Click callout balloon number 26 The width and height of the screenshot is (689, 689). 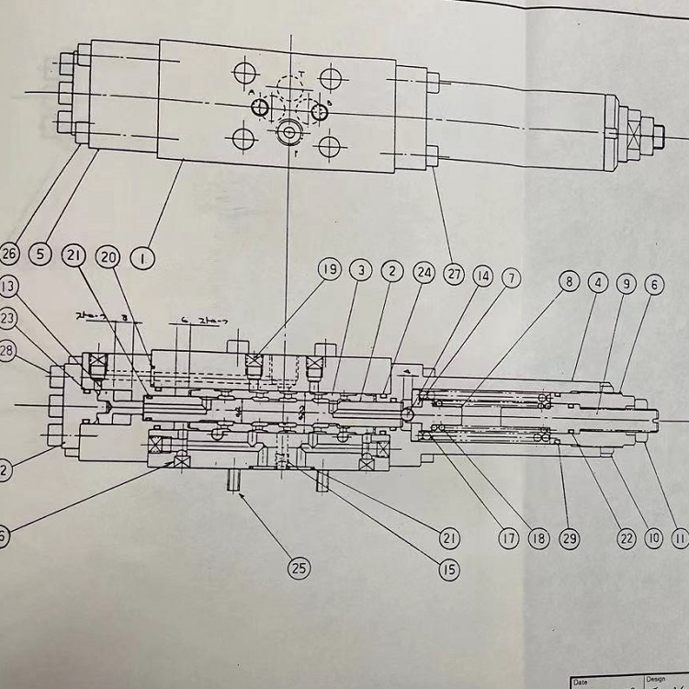[x=10, y=254]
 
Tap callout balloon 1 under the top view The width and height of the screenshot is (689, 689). [x=142, y=258]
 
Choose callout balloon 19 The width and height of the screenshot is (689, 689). [x=329, y=270]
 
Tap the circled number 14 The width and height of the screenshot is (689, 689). [x=483, y=277]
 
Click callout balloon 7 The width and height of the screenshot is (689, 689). [x=512, y=277]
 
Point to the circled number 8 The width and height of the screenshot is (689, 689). [x=570, y=282]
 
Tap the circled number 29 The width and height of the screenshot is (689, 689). [x=570, y=538]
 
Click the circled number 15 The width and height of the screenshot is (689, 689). [x=448, y=570]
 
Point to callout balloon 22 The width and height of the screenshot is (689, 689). [x=627, y=537]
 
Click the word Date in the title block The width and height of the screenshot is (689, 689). [x=581, y=682]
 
